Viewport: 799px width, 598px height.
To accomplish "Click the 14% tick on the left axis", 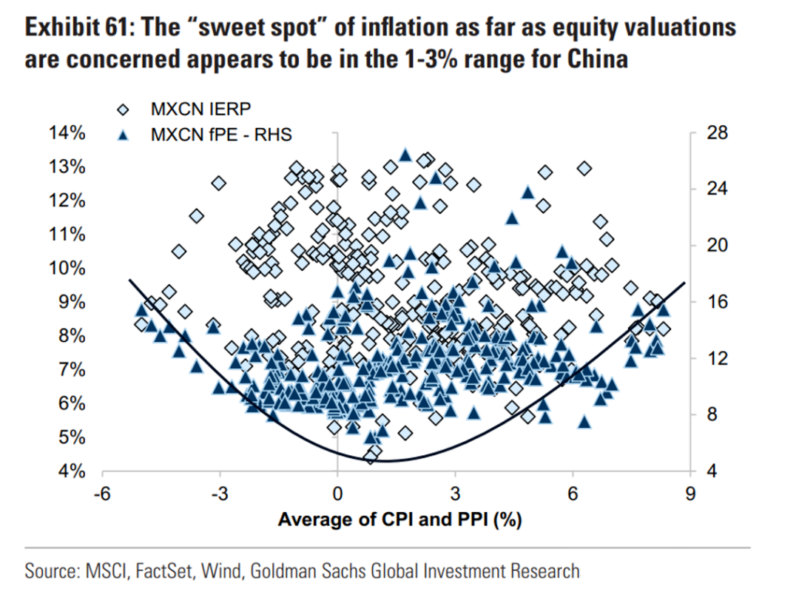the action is (67, 133).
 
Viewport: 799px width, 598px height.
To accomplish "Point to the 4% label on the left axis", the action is (72, 471).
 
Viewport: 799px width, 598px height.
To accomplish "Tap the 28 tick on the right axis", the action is (718, 133).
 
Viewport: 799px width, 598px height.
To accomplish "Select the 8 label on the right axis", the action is (712, 415).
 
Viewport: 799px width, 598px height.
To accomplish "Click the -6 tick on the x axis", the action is (102, 494).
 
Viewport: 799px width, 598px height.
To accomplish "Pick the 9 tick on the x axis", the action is (690, 494).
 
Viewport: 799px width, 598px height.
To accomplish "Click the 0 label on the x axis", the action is (337, 494).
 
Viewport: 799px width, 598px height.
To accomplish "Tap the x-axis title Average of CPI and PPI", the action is (400, 520).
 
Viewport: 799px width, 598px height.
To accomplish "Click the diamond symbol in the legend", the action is (124, 110).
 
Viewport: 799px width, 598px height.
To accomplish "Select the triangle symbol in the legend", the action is (124, 135).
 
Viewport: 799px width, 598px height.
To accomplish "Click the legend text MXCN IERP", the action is (200, 109).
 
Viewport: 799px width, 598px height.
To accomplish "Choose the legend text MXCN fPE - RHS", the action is (221, 135).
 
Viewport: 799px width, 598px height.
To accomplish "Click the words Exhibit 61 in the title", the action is (78, 28).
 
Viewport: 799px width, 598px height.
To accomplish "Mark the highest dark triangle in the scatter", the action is (405, 155).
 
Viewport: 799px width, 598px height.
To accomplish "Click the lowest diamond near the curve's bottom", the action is (371, 457).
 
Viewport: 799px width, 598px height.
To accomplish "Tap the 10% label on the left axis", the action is (67, 268).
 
